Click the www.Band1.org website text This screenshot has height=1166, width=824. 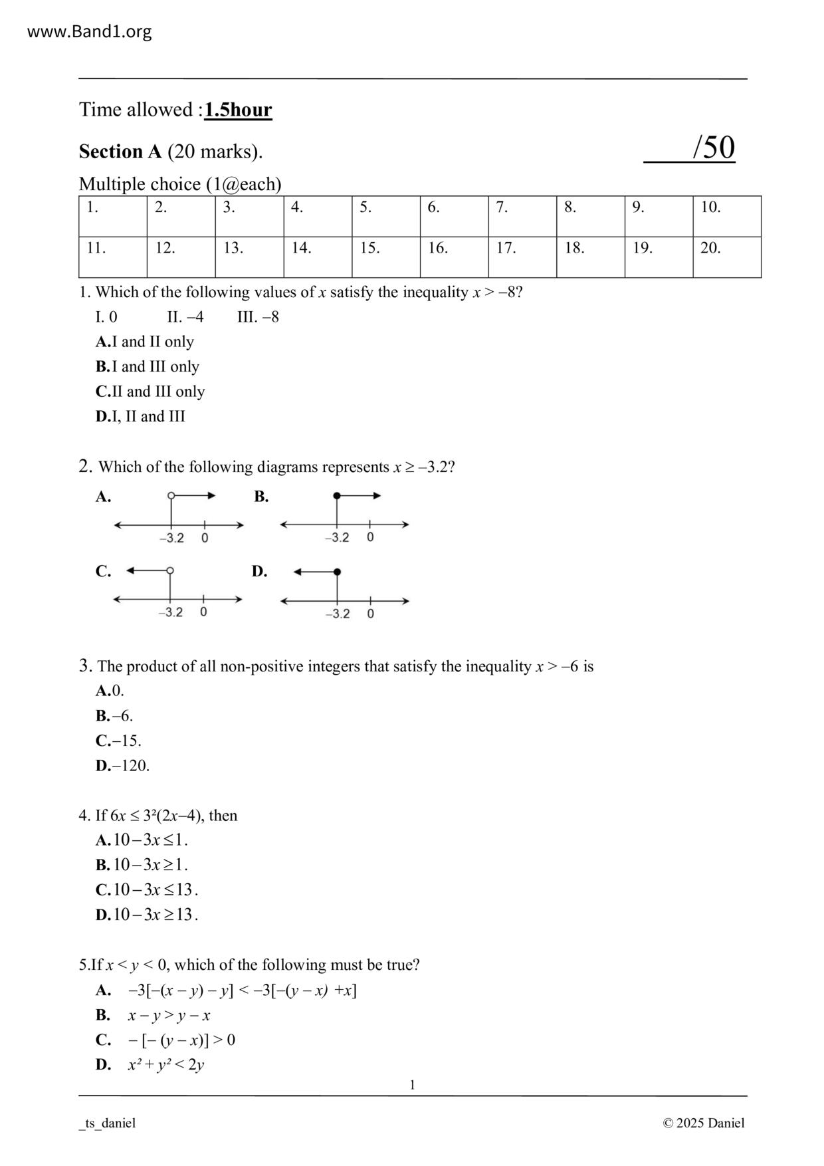pyautogui.click(x=89, y=31)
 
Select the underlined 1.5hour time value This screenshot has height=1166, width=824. pyautogui.click(x=238, y=110)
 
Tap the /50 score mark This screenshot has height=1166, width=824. pyautogui.click(x=713, y=148)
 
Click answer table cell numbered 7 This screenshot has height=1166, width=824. pyautogui.click(x=522, y=216)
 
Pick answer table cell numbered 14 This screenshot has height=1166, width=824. pyautogui.click(x=317, y=257)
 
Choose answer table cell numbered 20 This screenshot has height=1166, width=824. pyautogui.click(x=726, y=257)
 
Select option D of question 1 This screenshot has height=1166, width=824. pyautogui.click(x=140, y=416)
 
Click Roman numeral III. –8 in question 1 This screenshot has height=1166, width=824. pyautogui.click(x=258, y=317)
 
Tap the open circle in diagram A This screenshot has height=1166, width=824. pyautogui.click(x=171, y=496)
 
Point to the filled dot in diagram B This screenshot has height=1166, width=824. pyautogui.click(x=337, y=496)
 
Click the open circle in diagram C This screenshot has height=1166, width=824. pyautogui.click(x=170, y=570)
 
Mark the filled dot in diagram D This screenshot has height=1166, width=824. pyautogui.click(x=338, y=572)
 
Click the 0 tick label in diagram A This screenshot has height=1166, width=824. pyautogui.click(x=205, y=538)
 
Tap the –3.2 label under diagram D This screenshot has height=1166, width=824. pyautogui.click(x=338, y=614)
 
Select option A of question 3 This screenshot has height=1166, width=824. pyautogui.click(x=110, y=691)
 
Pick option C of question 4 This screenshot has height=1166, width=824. pyautogui.click(x=147, y=889)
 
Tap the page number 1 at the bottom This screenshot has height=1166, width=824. pyautogui.click(x=412, y=1085)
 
